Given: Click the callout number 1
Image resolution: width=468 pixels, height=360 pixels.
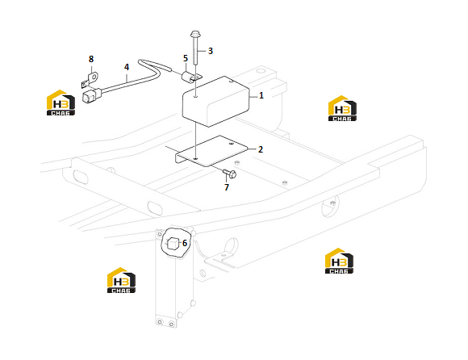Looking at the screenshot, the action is [x=261, y=95].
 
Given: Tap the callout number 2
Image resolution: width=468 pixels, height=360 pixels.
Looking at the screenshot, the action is [x=261, y=149].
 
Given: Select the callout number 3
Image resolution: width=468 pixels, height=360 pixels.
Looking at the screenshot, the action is [x=211, y=51].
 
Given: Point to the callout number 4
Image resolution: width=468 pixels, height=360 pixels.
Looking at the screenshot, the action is [x=127, y=67].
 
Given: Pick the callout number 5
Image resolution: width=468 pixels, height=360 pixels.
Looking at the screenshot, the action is [x=186, y=58].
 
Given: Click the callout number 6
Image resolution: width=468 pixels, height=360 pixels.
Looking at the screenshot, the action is [x=185, y=243].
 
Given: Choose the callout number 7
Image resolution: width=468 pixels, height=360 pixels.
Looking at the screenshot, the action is [x=227, y=187].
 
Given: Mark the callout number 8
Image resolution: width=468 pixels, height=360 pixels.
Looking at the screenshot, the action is [x=91, y=59].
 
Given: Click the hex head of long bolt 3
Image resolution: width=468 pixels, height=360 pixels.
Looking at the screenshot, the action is [x=195, y=34].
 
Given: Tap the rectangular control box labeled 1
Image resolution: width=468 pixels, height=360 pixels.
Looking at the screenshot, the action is [x=215, y=102].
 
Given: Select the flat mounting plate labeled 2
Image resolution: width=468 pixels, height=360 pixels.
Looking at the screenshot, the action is [x=211, y=151].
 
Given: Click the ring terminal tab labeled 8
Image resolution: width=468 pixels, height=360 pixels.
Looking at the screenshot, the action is [x=90, y=80].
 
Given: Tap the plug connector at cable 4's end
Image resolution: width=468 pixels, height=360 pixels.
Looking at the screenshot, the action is [x=92, y=95].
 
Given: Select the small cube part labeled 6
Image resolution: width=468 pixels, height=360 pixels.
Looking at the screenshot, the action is [x=173, y=244].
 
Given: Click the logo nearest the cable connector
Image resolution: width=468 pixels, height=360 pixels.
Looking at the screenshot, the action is [x=61, y=103].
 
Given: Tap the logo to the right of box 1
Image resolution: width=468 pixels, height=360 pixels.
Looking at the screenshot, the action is [x=342, y=108].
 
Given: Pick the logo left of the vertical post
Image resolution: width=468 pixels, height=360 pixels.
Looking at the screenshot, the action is [x=121, y=280].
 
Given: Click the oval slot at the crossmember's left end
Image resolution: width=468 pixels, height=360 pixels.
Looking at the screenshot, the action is [x=80, y=177].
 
